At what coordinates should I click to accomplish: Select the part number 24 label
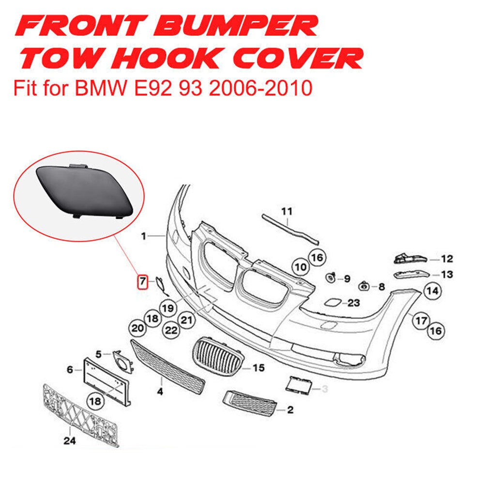70,441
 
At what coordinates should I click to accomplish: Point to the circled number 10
301,267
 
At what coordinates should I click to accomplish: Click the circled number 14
432,291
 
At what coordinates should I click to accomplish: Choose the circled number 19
167,307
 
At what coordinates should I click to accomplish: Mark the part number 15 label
258,368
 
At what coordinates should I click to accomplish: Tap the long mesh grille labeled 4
167,365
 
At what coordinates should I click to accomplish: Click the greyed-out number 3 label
324,388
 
